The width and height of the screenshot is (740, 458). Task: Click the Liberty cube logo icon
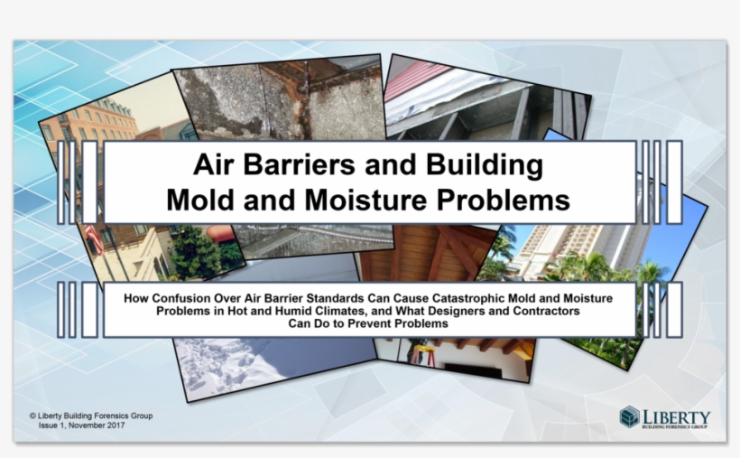coord(629,416)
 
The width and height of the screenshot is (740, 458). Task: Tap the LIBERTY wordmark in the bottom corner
coord(676,415)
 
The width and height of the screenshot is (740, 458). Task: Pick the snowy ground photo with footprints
coord(262,361)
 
